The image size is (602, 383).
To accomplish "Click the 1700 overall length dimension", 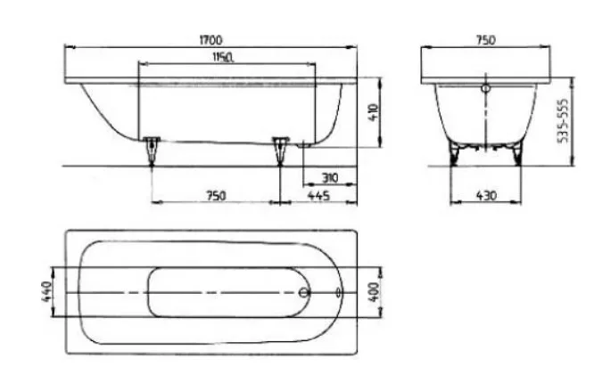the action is [210, 39].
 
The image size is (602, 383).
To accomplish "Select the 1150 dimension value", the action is [224, 57].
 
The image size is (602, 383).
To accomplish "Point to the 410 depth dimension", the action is [374, 112].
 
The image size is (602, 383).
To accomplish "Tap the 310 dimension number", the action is [330, 177].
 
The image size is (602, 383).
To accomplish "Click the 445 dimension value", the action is [318, 196].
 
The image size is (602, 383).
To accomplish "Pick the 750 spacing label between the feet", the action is [216, 196].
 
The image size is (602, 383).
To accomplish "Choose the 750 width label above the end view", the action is [486, 40].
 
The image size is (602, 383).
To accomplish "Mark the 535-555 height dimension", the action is [564, 121].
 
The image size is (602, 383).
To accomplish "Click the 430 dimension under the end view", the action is [486, 196].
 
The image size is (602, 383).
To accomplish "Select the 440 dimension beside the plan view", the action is [46, 292].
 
